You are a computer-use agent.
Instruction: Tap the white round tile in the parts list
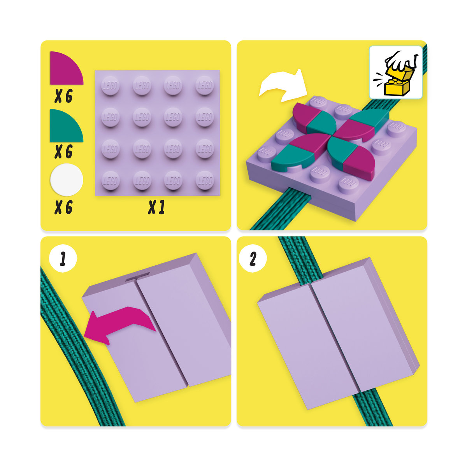tap(67, 180)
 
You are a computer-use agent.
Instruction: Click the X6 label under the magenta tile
tap(63, 96)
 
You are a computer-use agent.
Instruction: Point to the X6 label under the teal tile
tap(63, 151)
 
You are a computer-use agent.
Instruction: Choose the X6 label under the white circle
tap(63, 207)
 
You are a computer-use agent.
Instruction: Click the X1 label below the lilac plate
tap(156, 207)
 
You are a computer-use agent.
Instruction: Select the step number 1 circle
tap(63, 258)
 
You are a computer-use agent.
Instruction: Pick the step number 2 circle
tap(253, 258)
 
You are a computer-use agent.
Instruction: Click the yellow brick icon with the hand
tap(395, 72)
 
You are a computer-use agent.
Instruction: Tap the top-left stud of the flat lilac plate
tap(110, 86)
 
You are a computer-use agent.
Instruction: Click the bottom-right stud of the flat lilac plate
tap(205, 181)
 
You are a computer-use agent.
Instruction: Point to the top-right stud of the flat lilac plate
tap(205, 86)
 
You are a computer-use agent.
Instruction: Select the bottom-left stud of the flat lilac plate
tap(111, 181)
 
